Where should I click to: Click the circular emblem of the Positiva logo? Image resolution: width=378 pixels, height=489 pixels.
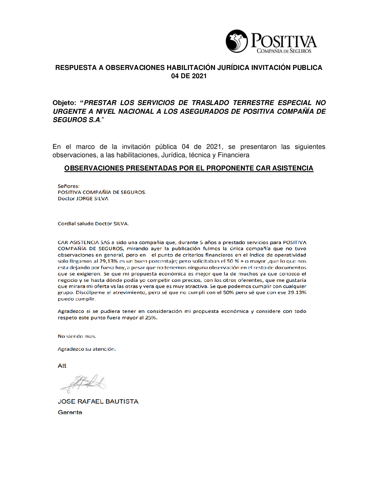pos(237,41)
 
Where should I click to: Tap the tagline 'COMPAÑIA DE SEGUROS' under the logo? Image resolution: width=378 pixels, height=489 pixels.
pos(284,51)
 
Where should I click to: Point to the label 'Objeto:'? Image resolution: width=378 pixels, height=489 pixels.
pos(64,103)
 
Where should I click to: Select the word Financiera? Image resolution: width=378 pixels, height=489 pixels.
pos(233,155)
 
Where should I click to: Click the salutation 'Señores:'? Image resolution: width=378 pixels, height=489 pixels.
pos(68,186)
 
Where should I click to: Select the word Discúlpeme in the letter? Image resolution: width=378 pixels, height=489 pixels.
pos(90,293)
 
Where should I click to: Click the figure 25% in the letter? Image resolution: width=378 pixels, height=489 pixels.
pos(151,318)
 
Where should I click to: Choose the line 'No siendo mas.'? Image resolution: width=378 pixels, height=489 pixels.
pos(77,336)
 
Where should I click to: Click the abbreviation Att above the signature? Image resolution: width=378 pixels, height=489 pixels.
pos(62,366)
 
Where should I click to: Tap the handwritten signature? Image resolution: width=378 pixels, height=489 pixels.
pos(85,383)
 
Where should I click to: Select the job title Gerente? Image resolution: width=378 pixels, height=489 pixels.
pos(70,412)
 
